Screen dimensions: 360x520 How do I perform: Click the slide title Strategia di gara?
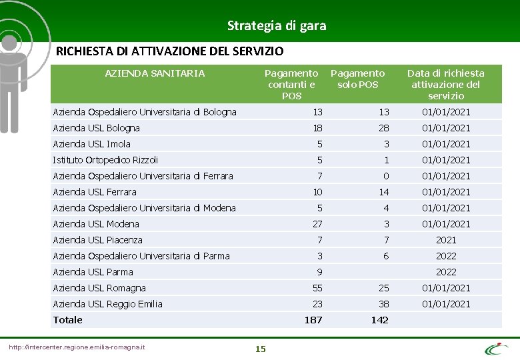click(x=277, y=26)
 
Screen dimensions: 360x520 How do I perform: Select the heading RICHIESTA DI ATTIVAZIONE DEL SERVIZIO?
click(x=169, y=51)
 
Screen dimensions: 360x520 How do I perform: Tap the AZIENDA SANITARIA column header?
click(x=155, y=73)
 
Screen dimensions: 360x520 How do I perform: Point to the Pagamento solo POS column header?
click(x=357, y=79)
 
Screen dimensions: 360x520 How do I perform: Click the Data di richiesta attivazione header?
click(x=445, y=84)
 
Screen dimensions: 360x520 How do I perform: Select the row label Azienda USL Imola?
click(x=92, y=144)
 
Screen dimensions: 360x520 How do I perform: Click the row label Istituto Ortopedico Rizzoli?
click(x=105, y=160)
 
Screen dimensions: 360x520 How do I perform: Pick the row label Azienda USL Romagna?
click(x=99, y=288)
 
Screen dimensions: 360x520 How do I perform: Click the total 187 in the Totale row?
click(x=313, y=320)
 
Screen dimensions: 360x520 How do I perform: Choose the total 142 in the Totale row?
click(x=379, y=320)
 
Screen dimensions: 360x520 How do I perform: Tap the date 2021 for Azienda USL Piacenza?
click(x=446, y=240)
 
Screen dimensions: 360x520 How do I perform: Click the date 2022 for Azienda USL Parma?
click(x=446, y=272)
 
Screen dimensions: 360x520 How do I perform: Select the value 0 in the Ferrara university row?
click(x=385, y=176)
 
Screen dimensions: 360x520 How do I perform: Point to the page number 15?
click(x=260, y=349)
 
